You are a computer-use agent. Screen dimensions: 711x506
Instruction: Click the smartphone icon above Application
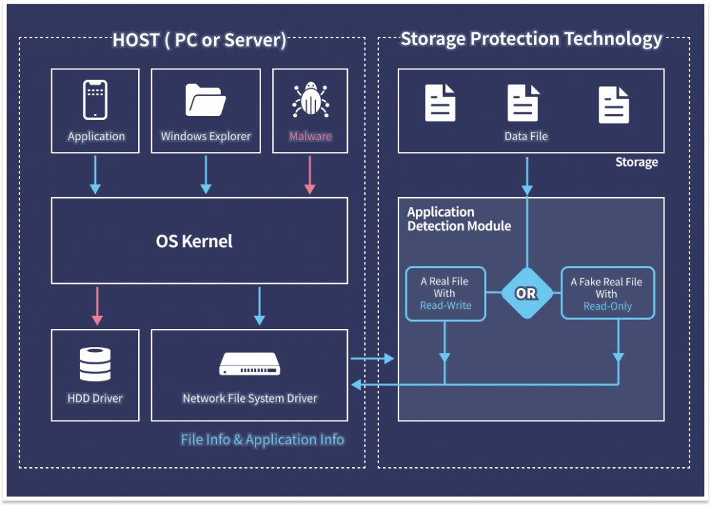click(95, 100)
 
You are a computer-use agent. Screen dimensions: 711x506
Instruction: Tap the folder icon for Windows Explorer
click(206, 100)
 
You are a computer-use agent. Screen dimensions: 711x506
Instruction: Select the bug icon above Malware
click(310, 100)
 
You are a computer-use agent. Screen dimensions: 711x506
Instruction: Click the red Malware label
click(310, 136)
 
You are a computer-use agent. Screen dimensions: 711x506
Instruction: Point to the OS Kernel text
click(194, 242)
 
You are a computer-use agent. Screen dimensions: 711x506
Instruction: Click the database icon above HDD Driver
click(95, 364)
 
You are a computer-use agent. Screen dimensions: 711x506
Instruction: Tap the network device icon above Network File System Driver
click(250, 364)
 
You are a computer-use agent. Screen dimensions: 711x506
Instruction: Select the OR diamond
click(527, 294)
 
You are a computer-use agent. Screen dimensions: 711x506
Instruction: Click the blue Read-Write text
click(445, 305)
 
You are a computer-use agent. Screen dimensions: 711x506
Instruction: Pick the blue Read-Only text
click(608, 306)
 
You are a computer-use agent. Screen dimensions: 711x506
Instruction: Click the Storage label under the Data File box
click(637, 162)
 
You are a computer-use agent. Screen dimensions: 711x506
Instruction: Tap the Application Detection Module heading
click(459, 219)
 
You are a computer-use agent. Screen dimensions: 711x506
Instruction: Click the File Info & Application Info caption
click(262, 439)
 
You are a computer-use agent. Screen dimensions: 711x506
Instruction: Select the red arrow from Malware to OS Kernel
click(310, 175)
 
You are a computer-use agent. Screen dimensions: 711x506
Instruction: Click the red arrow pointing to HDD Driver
click(97, 305)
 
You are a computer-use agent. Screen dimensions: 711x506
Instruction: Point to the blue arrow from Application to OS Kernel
click(95, 175)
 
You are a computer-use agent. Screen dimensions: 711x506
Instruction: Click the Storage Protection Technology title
click(531, 39)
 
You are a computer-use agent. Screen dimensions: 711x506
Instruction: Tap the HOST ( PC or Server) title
click(199, 40)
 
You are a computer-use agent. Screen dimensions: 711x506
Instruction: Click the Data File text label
click(526, 136)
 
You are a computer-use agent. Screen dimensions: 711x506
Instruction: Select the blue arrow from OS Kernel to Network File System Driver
click(260, 305)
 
